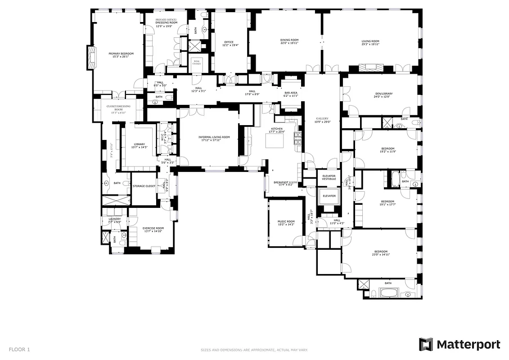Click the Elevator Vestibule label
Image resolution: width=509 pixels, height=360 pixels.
[329, 177]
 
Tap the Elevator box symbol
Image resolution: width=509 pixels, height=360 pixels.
[329, 196]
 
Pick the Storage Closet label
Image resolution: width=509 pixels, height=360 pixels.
[144, 186]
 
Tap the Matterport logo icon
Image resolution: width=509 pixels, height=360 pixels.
[426, 345]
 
